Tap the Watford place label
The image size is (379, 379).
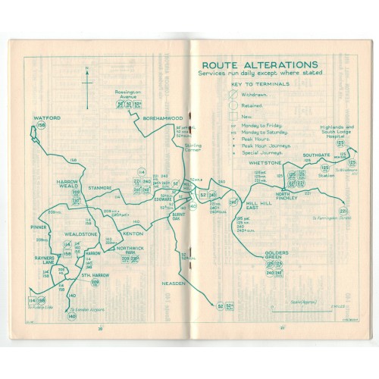coord(46,119)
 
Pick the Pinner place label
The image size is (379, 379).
coord(40,224)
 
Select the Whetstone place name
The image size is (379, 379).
coord(263,164)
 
